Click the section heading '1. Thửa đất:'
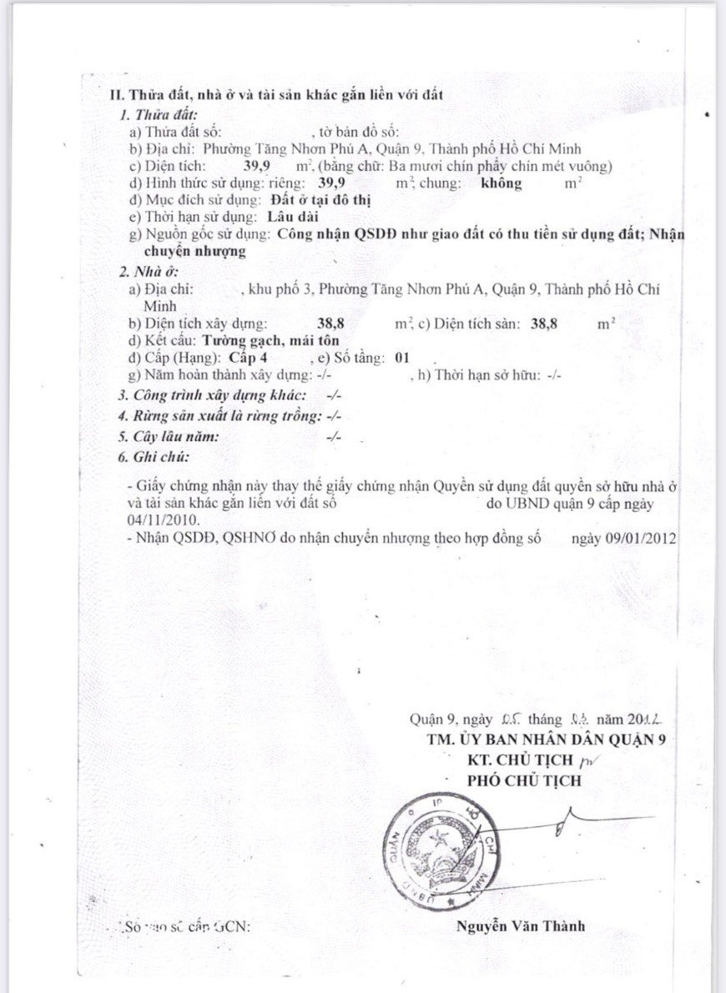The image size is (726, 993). tap(158, 116)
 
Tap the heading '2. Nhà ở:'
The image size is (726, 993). tap(148, 272)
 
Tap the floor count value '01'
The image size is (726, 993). tap(403, 358)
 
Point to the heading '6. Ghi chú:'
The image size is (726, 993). tap(153, 457)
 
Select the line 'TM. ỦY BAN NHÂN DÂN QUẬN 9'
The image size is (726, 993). tap(546, 740)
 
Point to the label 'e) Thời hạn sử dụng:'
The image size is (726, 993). tap(193, 217)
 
